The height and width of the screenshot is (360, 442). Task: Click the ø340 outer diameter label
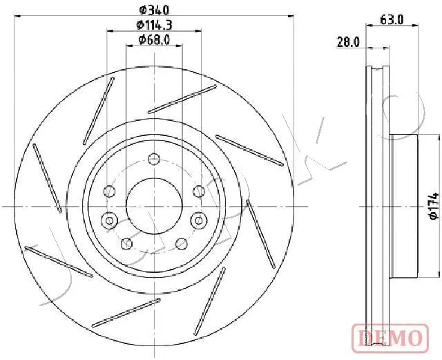coord(155,10)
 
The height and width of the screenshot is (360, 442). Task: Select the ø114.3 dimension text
coord(155,25)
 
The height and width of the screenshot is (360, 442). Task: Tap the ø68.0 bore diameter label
coord(155,40)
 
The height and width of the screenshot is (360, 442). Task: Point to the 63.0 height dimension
coord(392,20)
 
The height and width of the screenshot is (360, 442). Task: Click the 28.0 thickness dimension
coord(348,42)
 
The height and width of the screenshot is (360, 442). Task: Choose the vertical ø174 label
coord(433,206)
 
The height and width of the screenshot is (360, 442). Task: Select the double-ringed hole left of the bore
coord(109,221)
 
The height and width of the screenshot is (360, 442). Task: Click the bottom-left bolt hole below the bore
coord(126,243)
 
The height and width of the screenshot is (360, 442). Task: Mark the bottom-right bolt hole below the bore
coord(182,243)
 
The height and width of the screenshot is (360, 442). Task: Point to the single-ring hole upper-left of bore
coord(109,191)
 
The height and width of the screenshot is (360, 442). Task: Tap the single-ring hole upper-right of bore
coord(199,191)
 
